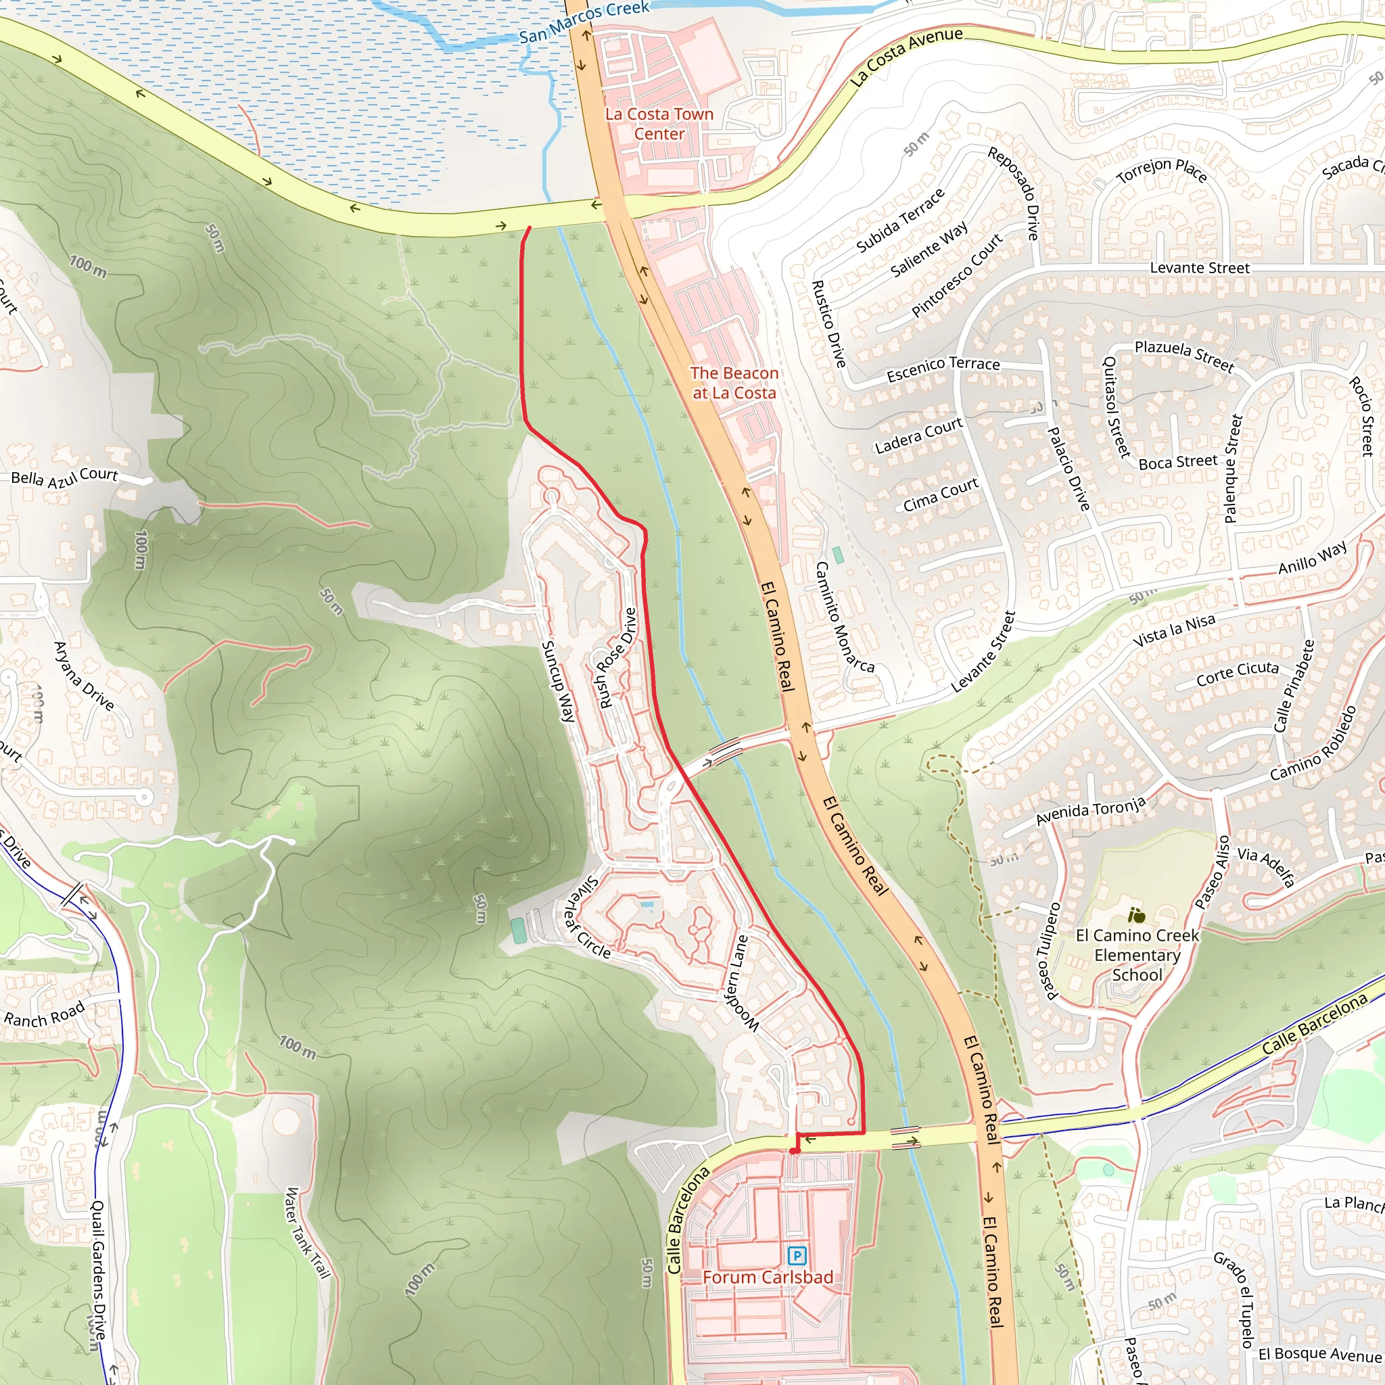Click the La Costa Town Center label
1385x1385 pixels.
tap(659, 124)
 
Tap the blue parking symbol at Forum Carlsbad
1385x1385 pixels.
tap(797, 1255)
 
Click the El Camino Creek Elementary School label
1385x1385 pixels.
tap(1137, 955)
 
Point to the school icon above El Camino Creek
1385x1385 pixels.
tap(1136, 916)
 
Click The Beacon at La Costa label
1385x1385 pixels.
tap(734, 383)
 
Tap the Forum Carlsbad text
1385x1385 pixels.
tap(767, 1277)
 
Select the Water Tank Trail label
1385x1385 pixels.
tap(308, 1233)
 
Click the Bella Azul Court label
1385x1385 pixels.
tap(64, 477)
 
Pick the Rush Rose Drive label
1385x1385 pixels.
tap(617, 657)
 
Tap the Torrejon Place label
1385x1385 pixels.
tap(1161, 170)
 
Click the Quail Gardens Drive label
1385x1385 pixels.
tap(99, 1269)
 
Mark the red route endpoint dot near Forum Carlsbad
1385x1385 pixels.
tap(793, 1151)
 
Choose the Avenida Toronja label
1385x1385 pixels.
tap(1090, 811)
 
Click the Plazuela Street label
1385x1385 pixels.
tap(1183, 356)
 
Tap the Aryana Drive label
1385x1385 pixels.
tap(84, 676)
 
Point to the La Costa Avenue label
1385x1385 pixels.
tap(906, 55)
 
